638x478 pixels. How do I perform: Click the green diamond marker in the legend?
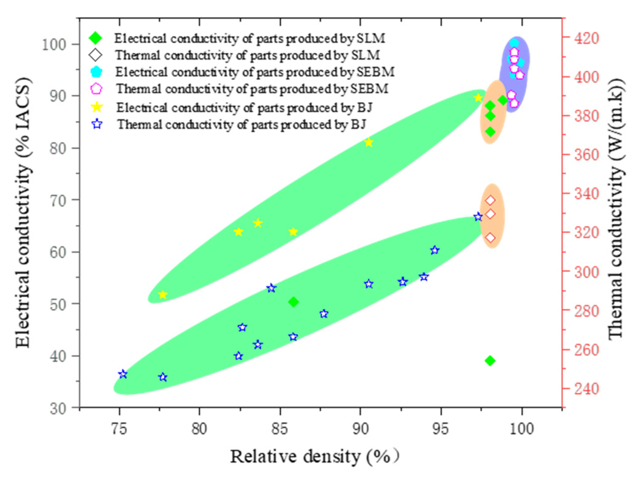(x=96, y=38)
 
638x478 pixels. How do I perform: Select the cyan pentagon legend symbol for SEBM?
(x=96, y=71)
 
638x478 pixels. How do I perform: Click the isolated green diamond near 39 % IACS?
(x=490, y=361)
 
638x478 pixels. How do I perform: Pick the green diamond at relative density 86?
(x=294, y=302)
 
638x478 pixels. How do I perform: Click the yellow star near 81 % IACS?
(x=369, y=142)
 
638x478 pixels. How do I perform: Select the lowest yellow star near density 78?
(x=163, y=294)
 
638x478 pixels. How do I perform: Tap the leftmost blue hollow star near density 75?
(x=123, y=374)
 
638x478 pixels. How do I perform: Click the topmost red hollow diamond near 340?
(x=490, y=200)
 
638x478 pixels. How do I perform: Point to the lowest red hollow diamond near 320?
(x=490, y=237)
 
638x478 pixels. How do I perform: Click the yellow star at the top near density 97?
(x=478, y=98)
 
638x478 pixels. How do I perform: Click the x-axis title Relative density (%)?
(x=314, y=456)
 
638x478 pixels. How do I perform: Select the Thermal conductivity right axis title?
(x=616, y=210)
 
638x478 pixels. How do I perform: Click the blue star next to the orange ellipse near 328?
(x=478, y=217)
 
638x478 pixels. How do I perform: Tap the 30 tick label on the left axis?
(x=58, y=408)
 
